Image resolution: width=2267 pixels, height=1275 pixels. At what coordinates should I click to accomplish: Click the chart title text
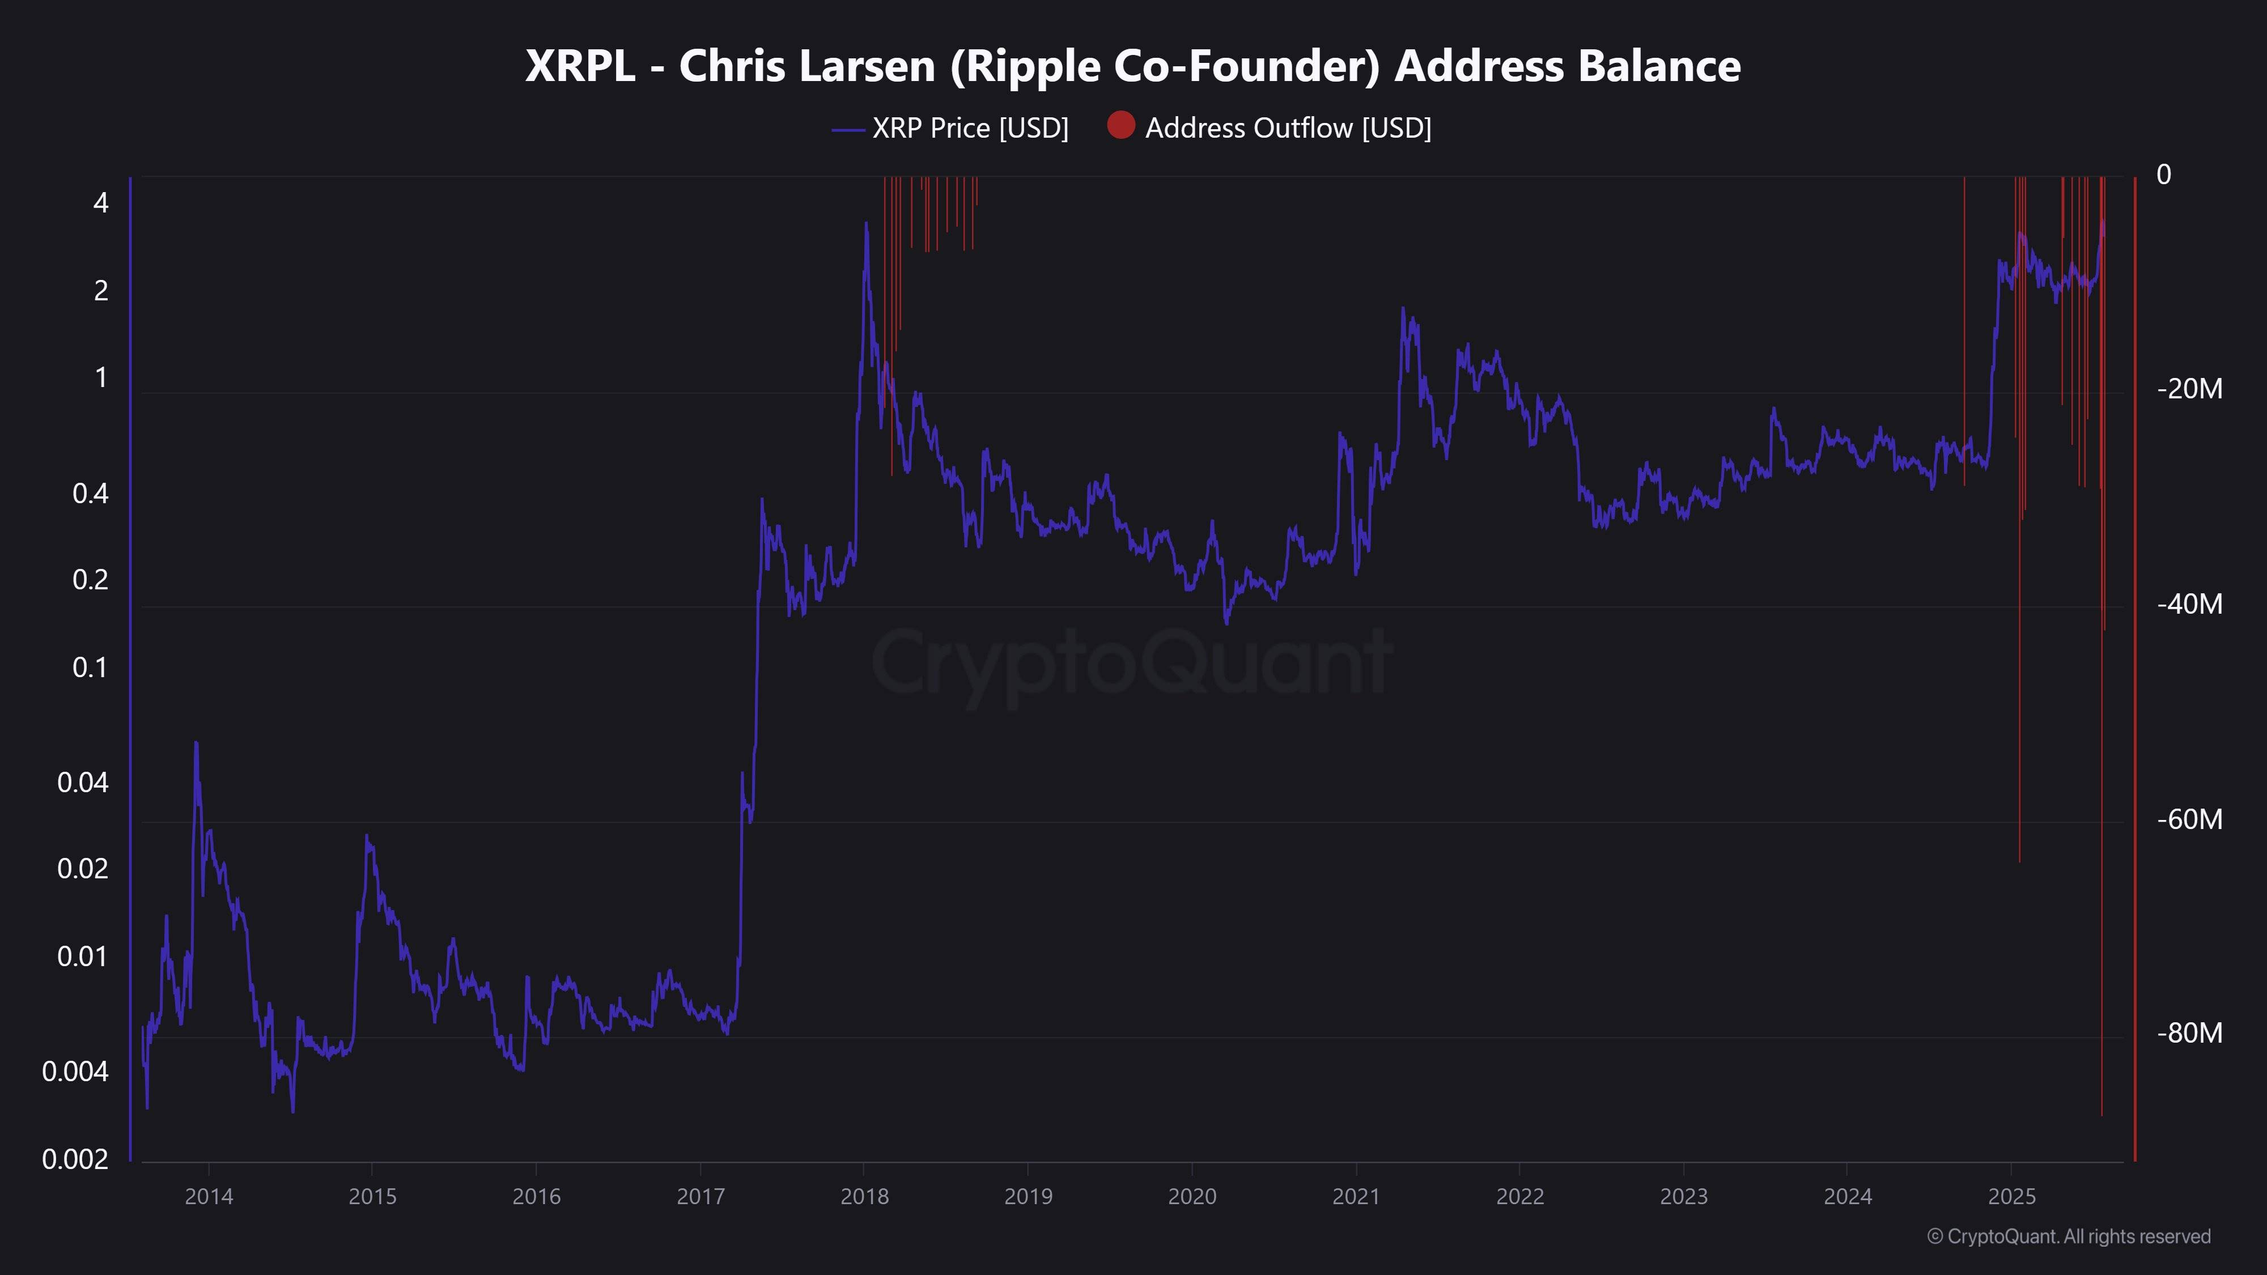coord(1132,66)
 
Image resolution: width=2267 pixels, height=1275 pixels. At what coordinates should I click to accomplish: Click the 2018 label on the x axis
coord(864,1197)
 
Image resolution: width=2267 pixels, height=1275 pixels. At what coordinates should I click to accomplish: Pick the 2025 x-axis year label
coord(2012,1197)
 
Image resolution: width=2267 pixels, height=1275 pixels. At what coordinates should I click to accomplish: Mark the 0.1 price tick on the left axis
coord(90,668)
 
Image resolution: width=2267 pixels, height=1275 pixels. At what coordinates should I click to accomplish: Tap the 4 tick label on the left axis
coord(101,203)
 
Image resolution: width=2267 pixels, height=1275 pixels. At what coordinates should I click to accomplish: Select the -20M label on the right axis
coord(2189,389)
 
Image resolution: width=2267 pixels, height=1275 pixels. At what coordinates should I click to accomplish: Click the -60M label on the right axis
coord(2189,819)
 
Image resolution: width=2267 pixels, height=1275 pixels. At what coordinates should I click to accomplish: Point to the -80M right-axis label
coord(2189,1033)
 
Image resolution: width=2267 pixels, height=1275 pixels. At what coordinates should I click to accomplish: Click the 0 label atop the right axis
coord(2163,175)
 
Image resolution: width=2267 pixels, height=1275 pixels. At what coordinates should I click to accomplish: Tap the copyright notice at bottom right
coord(2068,1236)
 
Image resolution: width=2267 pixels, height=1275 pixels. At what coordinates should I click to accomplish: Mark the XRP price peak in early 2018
coord(866,223)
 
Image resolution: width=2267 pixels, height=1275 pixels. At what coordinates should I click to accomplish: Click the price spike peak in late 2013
coord(196,743)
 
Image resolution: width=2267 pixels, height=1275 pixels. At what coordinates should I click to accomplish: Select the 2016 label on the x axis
coord(536,1197)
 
